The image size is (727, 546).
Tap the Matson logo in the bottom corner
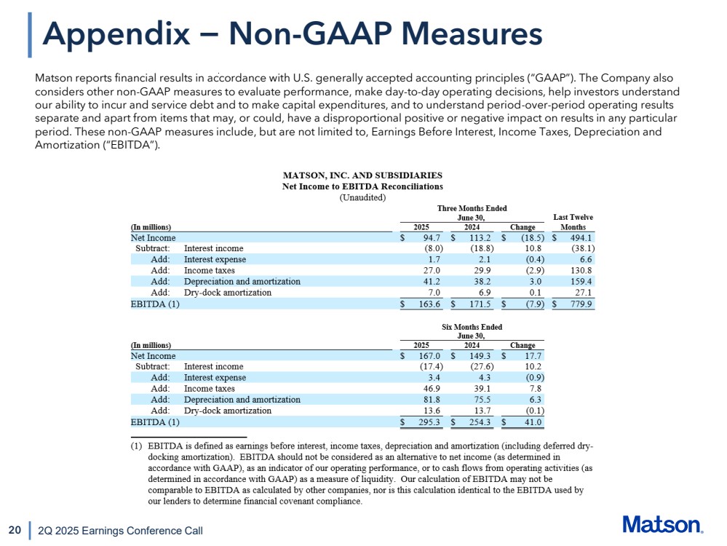(662, 525)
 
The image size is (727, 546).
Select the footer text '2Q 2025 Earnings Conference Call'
(120, 531)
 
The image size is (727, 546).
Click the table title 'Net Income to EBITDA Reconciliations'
(362, 186)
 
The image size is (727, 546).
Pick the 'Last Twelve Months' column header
(573, 221)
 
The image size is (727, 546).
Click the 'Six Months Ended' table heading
(472, 327)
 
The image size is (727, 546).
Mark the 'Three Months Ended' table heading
(472, 208)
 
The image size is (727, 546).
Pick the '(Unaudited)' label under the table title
(362, 197)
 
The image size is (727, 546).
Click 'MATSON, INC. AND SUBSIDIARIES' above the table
(362, 175)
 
